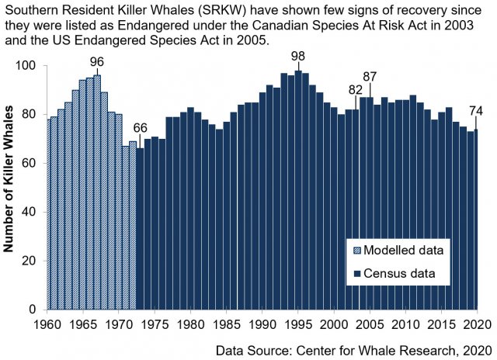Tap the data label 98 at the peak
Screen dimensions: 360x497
298,57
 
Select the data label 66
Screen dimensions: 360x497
140,129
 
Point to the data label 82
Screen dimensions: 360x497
356,90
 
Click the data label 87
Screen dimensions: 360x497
370,77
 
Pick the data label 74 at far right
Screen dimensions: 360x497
476,109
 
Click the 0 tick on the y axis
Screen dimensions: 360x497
39,310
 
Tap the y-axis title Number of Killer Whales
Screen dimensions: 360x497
11,186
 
